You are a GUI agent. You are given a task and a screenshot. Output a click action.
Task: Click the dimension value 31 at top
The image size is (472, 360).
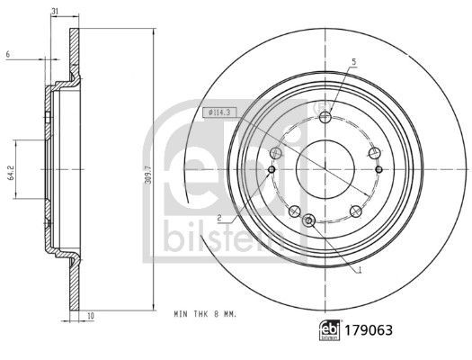pyautogui.click(x=55, y=10)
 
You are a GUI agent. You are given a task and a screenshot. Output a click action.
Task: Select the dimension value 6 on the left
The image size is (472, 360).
pyautogui.click(x=7, y=56)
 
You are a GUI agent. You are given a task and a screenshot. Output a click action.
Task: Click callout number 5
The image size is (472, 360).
pyautogui.click(x=353, y=60)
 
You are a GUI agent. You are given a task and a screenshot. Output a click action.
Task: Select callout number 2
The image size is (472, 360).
pyautogui.click(x=218, y=218)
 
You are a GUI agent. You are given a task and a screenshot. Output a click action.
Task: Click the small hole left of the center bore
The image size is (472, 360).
pyautogui.click(x=272, y=169)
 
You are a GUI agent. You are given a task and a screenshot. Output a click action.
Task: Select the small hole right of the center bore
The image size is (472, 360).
pyautogui.click(x=378, y=169)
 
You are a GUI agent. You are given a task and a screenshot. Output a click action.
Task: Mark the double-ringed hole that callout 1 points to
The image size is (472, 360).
pyautogui.click(x=309, y=220)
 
